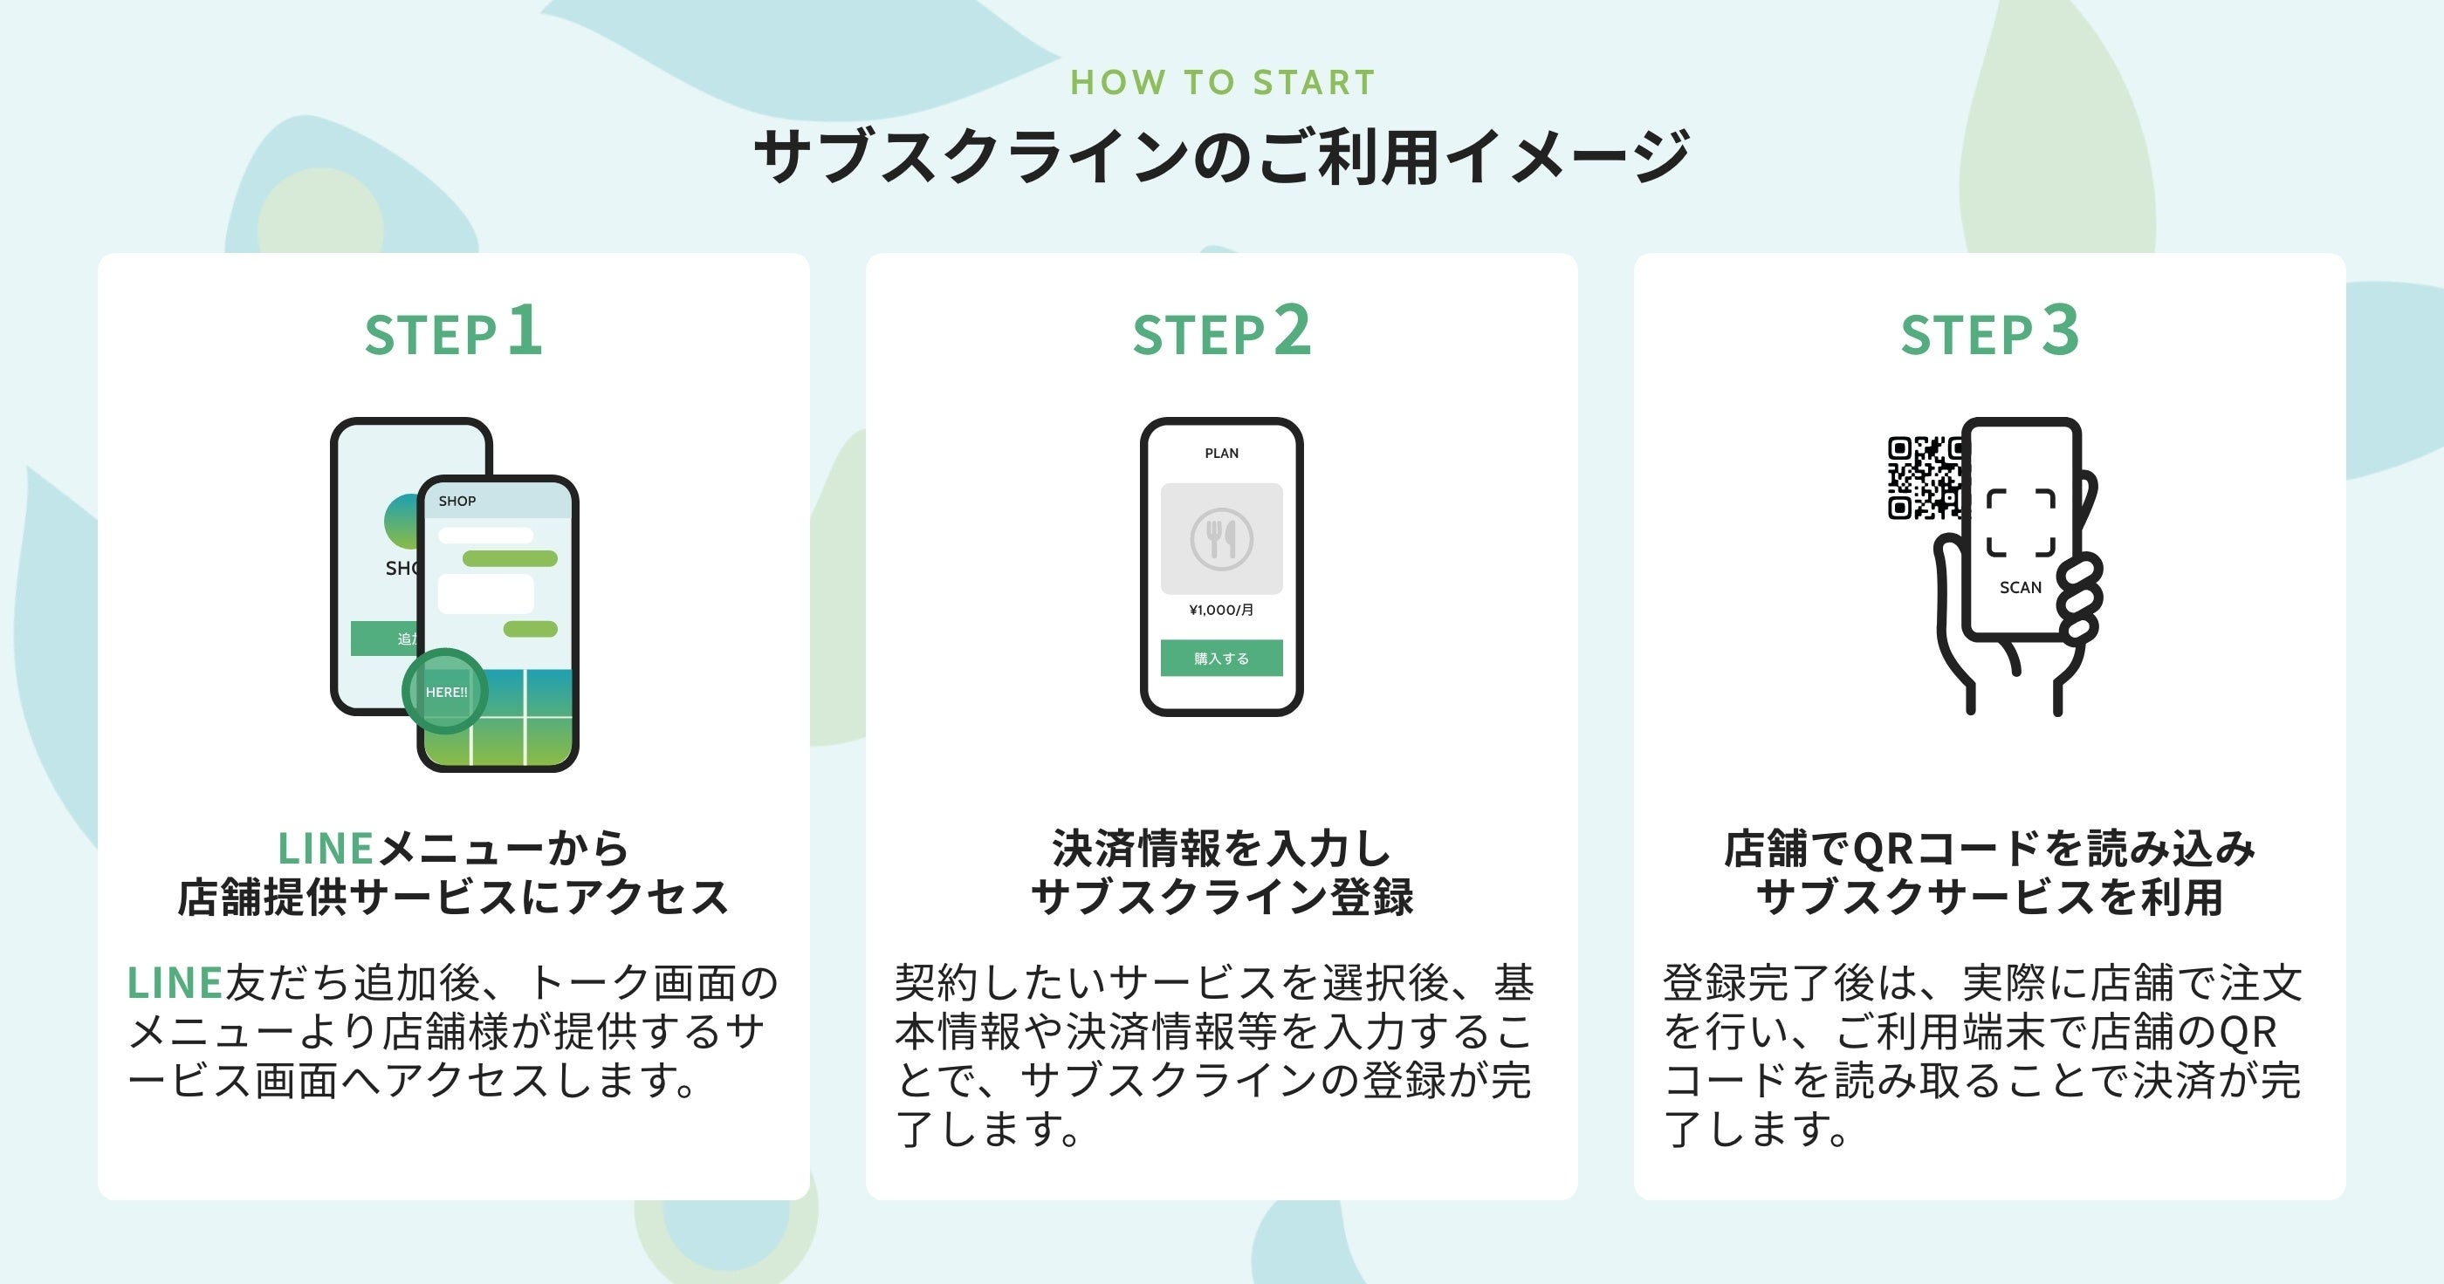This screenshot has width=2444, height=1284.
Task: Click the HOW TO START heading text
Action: [1222, 83]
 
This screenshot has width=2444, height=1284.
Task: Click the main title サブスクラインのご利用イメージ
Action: [1222, 156]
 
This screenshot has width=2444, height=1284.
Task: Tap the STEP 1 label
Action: [454, 332]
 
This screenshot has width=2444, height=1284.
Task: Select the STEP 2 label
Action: [1222, 332]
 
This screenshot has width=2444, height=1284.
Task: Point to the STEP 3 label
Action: [1989, 332]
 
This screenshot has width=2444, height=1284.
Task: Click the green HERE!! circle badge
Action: [445, 692]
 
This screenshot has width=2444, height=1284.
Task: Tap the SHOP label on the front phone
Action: [457, 501]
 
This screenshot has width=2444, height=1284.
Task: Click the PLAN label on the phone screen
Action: [1221, 454]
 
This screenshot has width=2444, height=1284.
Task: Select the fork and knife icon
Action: [1221, 539]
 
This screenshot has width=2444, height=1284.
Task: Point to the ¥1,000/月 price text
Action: [1221, 610]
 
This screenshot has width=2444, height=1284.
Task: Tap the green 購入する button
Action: [1221, 658]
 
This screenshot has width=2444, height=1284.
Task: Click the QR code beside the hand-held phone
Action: [1922, 478]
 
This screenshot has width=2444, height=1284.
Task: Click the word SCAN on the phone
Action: [2020, 588]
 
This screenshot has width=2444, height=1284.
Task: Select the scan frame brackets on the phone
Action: [2021, 522]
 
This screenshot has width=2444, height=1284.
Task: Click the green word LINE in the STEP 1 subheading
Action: [326, 849]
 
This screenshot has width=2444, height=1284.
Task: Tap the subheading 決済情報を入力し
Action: [1222, 849]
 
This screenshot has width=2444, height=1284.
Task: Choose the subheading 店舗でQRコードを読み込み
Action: [1989, 849]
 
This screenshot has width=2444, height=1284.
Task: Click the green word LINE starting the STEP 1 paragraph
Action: [175, 983]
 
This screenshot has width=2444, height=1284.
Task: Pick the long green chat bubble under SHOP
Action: [510, 558]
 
